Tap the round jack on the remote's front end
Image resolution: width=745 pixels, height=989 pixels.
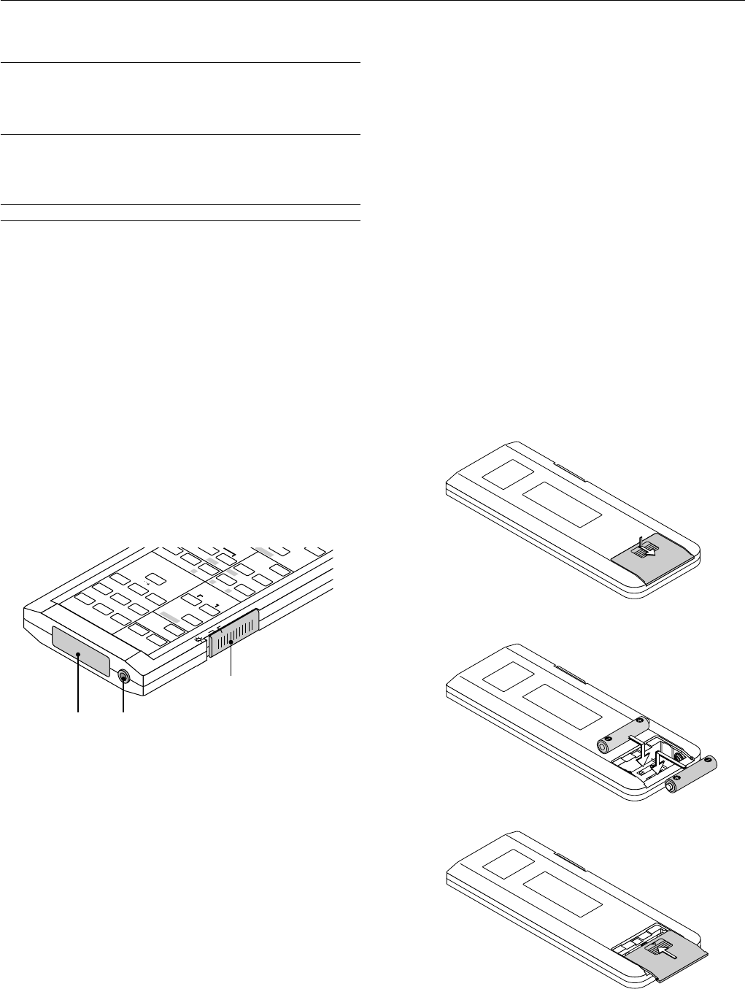(123, 677)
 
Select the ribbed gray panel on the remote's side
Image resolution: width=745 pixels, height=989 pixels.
(233, 631)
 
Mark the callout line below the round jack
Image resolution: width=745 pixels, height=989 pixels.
(123, 698)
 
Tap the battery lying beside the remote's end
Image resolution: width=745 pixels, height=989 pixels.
(692, 774)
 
